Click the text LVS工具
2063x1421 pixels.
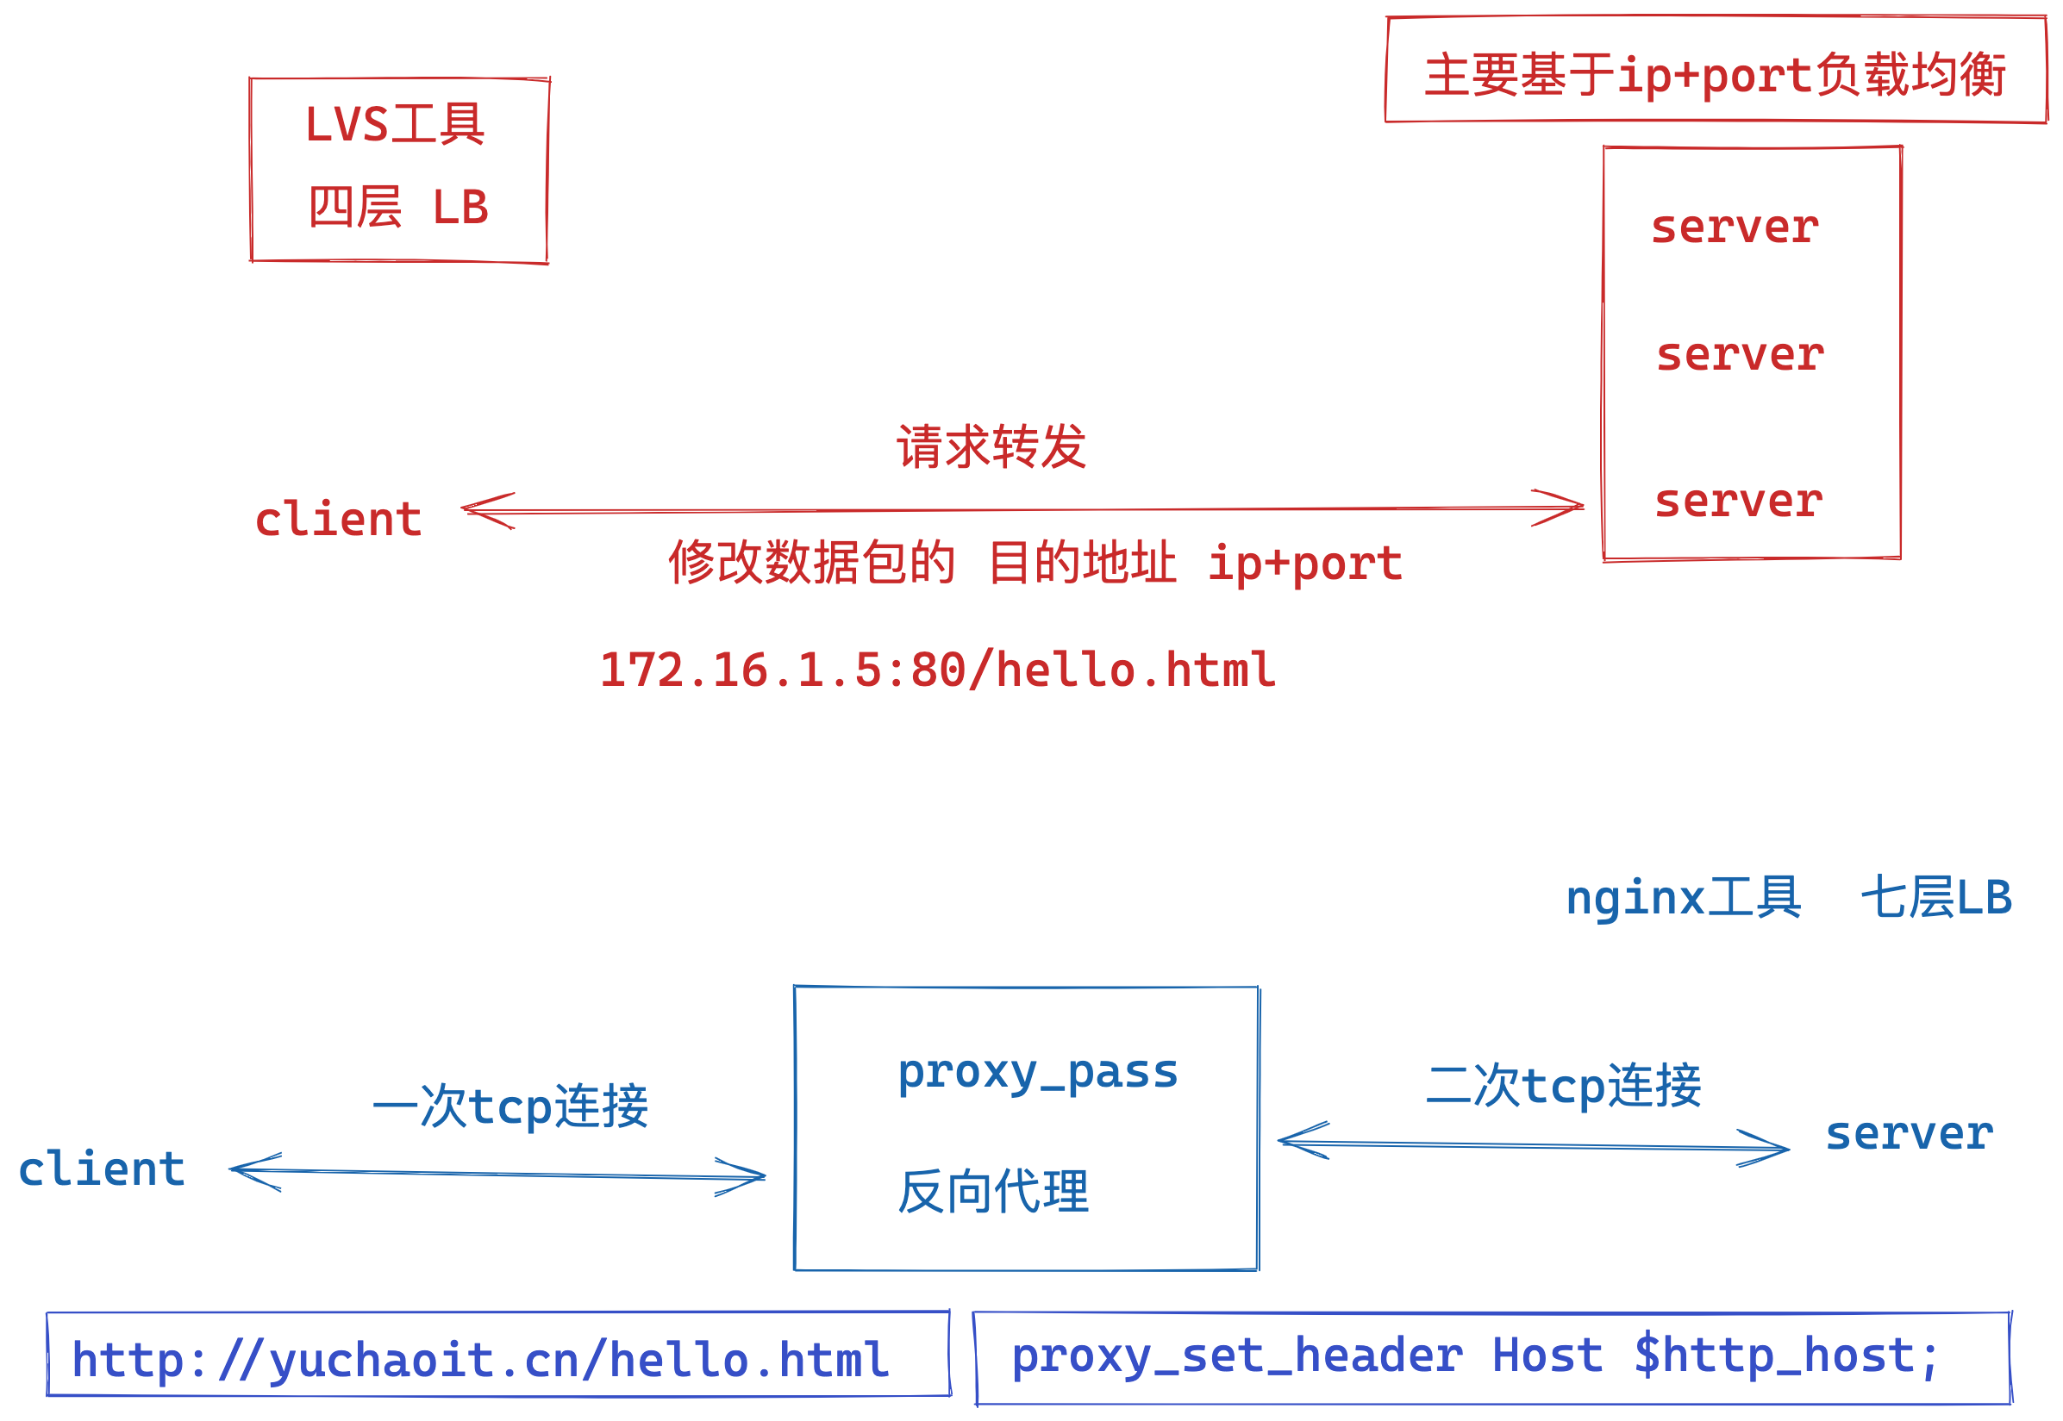pyautogui.click(x=395, y=125)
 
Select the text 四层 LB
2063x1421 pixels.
pyautogui.click(x=398, y=208)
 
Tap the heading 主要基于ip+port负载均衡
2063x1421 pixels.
pyautogui.click(x=1715, y=75)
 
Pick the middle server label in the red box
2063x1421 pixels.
pyautogui.click(x=1740, y=355)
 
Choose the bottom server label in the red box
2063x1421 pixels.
pyautogui.click(x=1738, y=502)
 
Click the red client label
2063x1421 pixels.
pyautogui.click(x=339, y=520)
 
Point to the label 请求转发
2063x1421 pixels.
pyautogui.click(x=991, y=447)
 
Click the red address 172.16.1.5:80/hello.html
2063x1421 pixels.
pyautogui.click(x=937, y=670)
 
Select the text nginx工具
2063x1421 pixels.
pyautogui.click(x=1683, y=897)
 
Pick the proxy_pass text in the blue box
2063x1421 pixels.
pyautogui.click(x=1037, y=1073)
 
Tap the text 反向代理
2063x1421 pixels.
pyautogui.click(x=992, y=1191)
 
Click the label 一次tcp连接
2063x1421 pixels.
pyautogui.click(x=510, y=1106)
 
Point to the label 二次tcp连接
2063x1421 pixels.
pyautogui.click(x=1563, y=1087)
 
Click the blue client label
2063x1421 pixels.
pyautogui.click(x=102, y=1170)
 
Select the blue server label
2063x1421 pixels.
pyautogui.click(x=1909, y=1134)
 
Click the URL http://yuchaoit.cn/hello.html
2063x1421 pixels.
pyautogui.click(x=480, y=1361)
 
